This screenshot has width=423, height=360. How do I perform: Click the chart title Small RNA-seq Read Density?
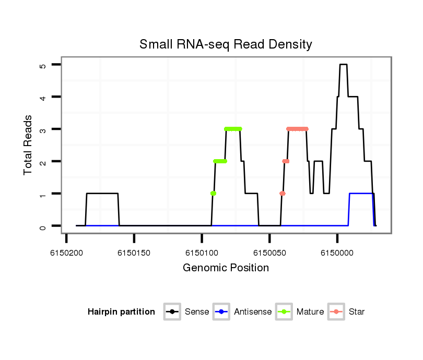(x=226, y=44)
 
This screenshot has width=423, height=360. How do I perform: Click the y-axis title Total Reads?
(x=29, y=145)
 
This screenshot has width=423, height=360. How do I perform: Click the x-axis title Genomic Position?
(x=226, y=268)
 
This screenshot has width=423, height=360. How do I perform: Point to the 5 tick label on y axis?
(x=43, y=65)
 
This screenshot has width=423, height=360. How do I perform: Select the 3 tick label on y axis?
(x=43, y=129)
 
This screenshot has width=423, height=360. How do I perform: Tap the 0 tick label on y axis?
(x=43, y=226)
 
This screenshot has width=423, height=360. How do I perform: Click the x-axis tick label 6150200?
(x=66, y=253)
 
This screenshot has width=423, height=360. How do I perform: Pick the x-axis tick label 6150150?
(x=134, y=253)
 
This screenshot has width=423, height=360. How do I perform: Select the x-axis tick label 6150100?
(x=202, y=253)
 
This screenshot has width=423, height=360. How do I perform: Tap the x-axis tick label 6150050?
(x=269, y=253)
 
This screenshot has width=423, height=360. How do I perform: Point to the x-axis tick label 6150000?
(x=337, y=253)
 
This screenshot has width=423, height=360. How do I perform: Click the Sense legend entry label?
(x=197, y=312)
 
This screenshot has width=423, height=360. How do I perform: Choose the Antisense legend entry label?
(x=253, y=312)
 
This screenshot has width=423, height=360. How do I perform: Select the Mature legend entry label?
(x=310, y=312)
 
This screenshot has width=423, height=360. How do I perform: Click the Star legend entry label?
(x=356, y=312)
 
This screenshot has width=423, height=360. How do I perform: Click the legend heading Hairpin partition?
(x=121, y=312)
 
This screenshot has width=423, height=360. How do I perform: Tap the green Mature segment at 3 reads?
(x=233, y=129)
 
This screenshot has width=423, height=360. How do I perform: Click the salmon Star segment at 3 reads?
(x=297, y=129)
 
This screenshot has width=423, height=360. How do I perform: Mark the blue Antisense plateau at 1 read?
(x=361, y=194)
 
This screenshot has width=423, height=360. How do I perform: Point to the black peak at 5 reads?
(x=343, y=65)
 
